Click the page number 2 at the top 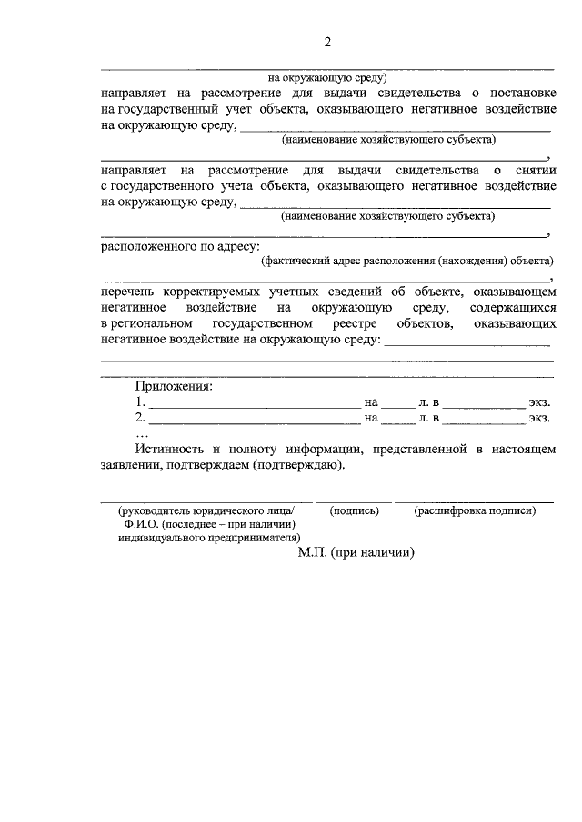pyautogui.click(x=328, y=42)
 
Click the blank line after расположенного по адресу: pyautogui.click(x=406, y=249)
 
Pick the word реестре pyautogui.click(x=356, y=323)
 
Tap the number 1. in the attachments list pyautogui.click(x=139, y=401)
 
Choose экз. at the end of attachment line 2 pyautogui.click(x=540, y=418)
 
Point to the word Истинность pyautogui.click(x=169, y=450)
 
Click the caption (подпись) pyautogui.click(x=354, y=511)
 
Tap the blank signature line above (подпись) pyautogui.click(x=354, y=500)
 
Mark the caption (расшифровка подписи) pyautogui.click(x=475, y=511)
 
